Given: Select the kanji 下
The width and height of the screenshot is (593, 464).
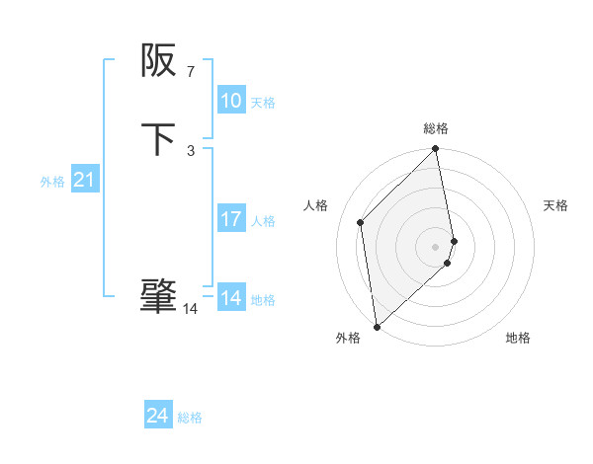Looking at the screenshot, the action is [158, 139].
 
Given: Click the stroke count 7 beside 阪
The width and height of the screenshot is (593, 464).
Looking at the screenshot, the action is [190, 72].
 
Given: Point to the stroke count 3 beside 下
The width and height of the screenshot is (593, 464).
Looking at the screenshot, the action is [191, 150].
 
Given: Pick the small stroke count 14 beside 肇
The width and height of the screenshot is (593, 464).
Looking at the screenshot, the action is [190, 309].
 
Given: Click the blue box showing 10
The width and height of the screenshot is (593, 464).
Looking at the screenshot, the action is [231, 101].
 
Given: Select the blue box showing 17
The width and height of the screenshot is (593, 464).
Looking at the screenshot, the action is [231, 219].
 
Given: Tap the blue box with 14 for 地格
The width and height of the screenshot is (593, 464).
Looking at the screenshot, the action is [231, 298].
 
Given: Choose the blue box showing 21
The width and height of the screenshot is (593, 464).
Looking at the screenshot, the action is [85, 181].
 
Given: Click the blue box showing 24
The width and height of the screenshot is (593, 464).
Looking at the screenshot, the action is [158, 417].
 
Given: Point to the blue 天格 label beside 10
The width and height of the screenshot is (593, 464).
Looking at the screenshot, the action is [263, 103].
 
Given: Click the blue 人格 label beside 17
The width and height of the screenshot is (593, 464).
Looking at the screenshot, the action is [263, 221].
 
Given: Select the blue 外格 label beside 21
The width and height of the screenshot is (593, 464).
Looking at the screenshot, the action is [52, 182].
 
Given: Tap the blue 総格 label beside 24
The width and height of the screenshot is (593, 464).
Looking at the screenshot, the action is [190, 419].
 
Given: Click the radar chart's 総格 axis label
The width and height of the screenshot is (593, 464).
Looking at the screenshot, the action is [436, 128].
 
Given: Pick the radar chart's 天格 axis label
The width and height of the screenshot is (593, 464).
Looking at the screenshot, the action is [555, 205].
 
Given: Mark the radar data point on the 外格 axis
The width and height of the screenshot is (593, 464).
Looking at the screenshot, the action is [377, 326].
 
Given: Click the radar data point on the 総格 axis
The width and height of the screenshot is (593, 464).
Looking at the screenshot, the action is [436, 149].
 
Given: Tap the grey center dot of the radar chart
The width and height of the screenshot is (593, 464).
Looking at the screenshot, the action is [436, 245].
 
